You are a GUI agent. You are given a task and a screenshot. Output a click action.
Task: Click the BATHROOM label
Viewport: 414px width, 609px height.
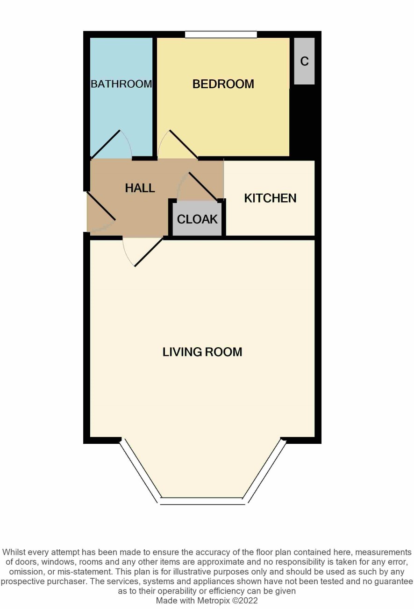pos(121,84)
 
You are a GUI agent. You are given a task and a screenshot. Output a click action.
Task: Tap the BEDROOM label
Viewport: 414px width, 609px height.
pos(223,84)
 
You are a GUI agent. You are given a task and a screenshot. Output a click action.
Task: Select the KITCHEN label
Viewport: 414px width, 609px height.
pos(270,198)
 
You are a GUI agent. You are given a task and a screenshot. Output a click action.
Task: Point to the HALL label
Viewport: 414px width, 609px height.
pos(140,188)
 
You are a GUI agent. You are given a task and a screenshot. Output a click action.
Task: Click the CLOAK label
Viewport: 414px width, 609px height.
pos(197,219)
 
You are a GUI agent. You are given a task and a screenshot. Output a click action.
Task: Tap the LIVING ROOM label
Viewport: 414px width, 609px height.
pos(202,352)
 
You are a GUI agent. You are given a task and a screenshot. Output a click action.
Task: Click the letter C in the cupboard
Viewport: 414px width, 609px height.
pos(304,61)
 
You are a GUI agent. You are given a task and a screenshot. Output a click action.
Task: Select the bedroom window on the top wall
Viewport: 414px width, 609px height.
pos(221,35)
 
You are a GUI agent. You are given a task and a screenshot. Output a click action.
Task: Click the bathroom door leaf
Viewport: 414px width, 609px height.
pos(105,144)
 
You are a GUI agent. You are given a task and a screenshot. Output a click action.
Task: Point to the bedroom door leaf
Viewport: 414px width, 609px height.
pos(184,144)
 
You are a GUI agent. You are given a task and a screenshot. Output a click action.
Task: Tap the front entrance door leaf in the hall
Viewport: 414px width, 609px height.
pos(101,206)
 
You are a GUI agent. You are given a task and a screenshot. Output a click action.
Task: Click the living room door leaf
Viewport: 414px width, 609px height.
pos(149,252)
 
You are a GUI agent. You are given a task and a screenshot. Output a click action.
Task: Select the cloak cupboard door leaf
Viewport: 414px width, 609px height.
pos(204,187)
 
